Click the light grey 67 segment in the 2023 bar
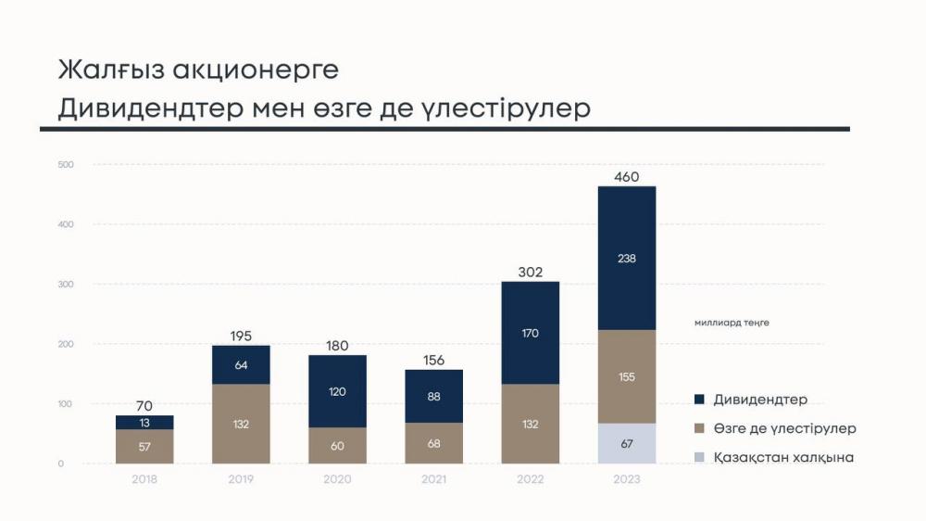627,443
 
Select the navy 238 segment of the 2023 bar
627,259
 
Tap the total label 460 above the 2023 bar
627,177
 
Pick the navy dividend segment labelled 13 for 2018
144,423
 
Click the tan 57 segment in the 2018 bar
144,446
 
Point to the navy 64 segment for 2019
241,365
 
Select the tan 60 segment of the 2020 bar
337,445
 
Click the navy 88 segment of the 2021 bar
433,397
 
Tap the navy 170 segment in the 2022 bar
531,333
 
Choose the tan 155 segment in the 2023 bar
627,376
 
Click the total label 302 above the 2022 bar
531,273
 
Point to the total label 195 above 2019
241,337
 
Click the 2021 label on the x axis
433,479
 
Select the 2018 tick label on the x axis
144,479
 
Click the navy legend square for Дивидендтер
701,400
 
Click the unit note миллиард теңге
732,323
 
